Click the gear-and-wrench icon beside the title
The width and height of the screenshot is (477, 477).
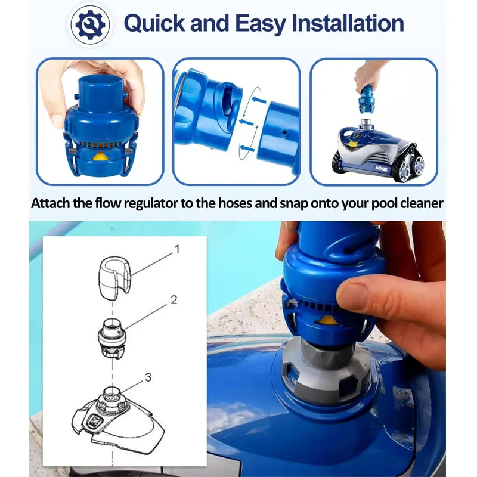(90, 25)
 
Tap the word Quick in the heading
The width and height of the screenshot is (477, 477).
(154, 23)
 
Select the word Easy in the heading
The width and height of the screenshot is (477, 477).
(261, 24)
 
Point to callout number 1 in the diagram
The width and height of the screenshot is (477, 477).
(176, 249)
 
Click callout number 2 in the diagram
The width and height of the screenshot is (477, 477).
(174, 300)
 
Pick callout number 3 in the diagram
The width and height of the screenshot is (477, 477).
(148, 377)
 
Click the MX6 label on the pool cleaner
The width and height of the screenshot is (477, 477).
(381, 168)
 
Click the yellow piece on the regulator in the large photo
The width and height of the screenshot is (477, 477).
(326, 320)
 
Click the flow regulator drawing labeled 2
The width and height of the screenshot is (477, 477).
(112, 337)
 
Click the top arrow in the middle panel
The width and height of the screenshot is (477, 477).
(259, 100)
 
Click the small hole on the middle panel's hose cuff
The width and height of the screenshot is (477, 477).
(284, 132)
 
